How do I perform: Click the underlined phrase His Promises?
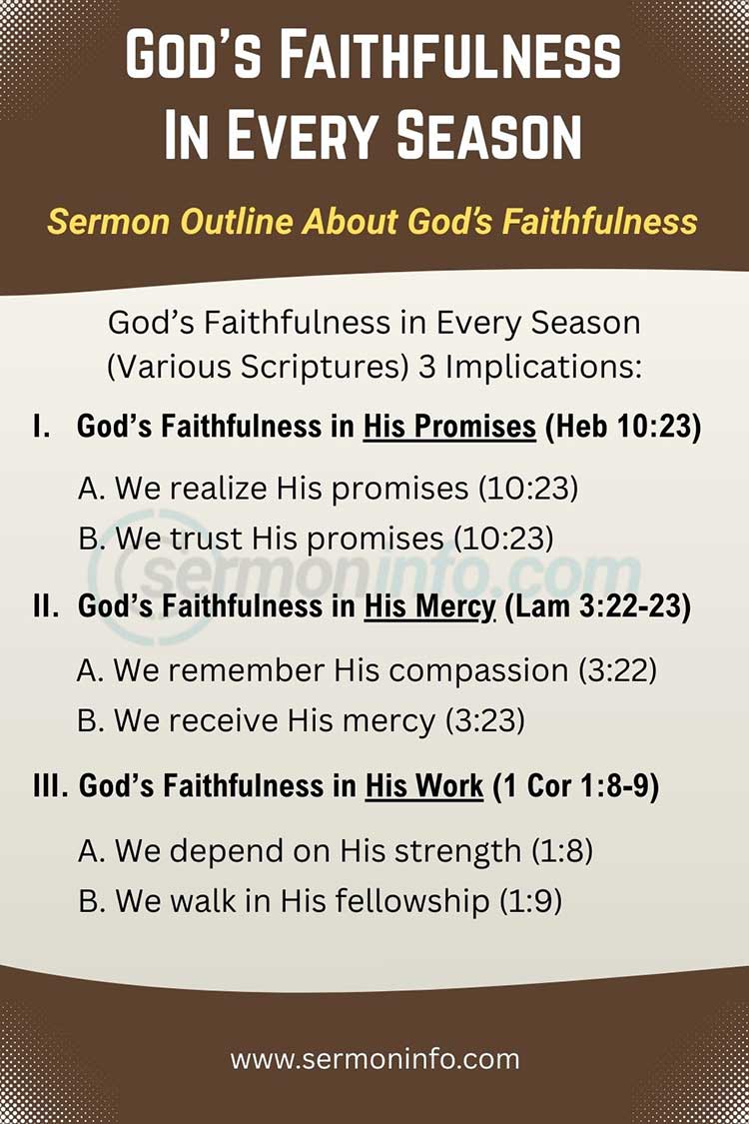tap(449, 427)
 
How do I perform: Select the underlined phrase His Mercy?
tap(429, 606)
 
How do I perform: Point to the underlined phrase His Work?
tap(424, 786)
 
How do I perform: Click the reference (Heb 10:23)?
tap(623, 427)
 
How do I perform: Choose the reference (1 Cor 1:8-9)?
tap(574, 786)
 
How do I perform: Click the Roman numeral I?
tap(41, 427)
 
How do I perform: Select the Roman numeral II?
tap(46, 606)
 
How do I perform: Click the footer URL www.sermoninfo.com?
tap(374, 1058)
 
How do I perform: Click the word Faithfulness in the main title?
tap(420, 57)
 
